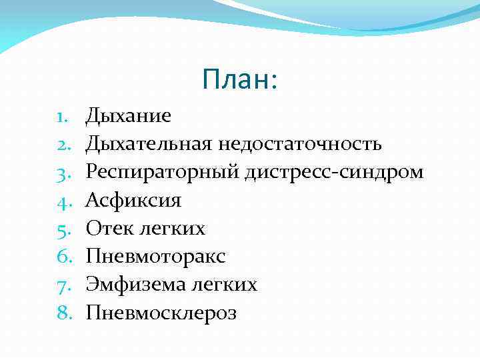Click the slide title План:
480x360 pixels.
pyautogui.click(x=239, y=81)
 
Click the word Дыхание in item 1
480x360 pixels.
pyautogui.click(x=128, y=116)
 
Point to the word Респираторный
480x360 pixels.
pyautogui.click(x=163, y=172)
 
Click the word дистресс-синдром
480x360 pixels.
pyautogui.click(x=334, y=172)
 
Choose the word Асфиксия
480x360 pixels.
pyautogui.click(x=133, y=200)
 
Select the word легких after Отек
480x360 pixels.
pyautogui.click(x=172, y=229)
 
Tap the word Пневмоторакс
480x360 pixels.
pyautogui.click(x=155, y=257)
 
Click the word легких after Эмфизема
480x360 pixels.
pyautogui.click(x=223, y=285)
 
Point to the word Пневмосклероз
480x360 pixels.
pyautogui.click(x=161, y=313)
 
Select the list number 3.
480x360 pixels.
pyautogui.click(x=64, y=173)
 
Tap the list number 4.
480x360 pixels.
pyautogui.click(x=64, y=201)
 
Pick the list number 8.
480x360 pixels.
pyautogui.click(x=64, y=313)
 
